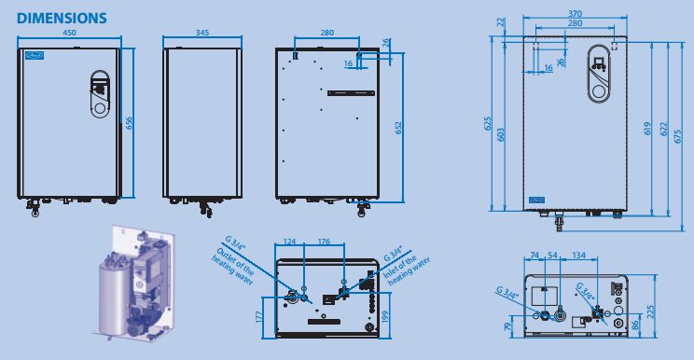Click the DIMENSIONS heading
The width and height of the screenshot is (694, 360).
point(62,18)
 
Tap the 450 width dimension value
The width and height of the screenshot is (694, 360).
point(69,33)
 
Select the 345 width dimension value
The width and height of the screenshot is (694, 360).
point(201,33)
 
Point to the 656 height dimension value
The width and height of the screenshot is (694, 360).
point(129,123)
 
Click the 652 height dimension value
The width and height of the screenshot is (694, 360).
point(398,128)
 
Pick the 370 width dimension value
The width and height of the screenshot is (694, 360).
point(575,14)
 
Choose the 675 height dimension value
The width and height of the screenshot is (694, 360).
point(678,136)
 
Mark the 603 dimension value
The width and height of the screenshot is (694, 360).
point(501,135)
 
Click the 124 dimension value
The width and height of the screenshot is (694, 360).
point(289,242)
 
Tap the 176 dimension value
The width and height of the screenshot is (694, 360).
point(324,242)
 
